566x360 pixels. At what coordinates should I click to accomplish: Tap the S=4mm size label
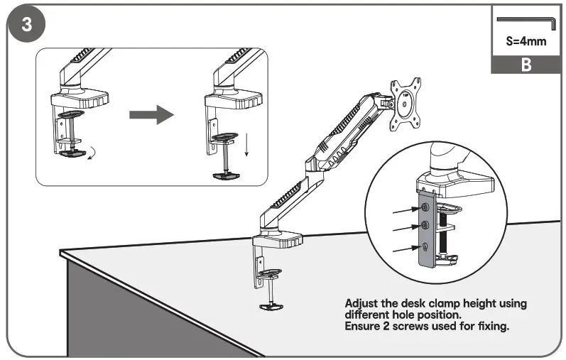(x=526, y=41)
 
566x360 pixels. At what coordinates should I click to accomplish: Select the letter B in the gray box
(x=526, y=65)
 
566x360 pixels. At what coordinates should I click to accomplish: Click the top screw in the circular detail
(x=424, y=207)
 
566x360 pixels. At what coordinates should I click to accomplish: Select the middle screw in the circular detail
(x=424, y=226)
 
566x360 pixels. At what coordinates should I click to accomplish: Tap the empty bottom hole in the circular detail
(x=424, y=246)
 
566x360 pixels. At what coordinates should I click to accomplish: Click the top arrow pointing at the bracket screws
(x=405, y=210)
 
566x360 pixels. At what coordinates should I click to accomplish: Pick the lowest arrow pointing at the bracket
(x=405, y=249)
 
